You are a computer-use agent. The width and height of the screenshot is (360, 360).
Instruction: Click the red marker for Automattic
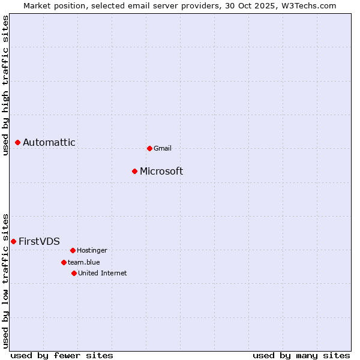click(x=18, y=142)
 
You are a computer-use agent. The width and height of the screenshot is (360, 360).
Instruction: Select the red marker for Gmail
click(x=149, y=148)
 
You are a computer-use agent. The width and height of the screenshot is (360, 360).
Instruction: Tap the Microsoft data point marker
click(x=135, y=171)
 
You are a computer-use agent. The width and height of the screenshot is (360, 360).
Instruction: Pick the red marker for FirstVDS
click(x=14, y=241)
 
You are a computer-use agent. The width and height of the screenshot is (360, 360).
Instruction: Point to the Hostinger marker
click(x=73, y=250)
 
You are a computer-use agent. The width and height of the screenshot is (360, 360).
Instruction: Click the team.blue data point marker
click(x=64, y=262)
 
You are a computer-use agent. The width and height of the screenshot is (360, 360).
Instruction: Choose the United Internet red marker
click(x=74, y=273)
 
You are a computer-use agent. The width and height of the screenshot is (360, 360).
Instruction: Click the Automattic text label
click(x=49, y=142)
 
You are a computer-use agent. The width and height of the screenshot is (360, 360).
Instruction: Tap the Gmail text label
click(x=163, y=148)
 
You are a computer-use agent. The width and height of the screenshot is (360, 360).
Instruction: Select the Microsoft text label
click(x=161, y=171)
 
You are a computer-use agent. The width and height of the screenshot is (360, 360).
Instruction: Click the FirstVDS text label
click(x=39, y=241)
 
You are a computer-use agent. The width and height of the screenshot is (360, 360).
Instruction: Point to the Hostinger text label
click(x=92, y=250)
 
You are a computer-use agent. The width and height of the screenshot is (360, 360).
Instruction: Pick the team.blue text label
click(x=84, y=262)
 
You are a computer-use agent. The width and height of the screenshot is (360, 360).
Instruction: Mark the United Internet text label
click(x=102, y=273)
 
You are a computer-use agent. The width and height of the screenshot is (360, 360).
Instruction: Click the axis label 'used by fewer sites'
click(x=62, y=355)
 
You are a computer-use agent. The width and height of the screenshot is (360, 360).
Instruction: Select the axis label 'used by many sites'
click(x=301, y=355)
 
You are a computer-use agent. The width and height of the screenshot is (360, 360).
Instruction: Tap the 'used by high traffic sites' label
click(x=5, y=85)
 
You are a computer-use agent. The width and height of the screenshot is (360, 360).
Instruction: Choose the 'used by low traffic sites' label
click(x=5, y=281)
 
